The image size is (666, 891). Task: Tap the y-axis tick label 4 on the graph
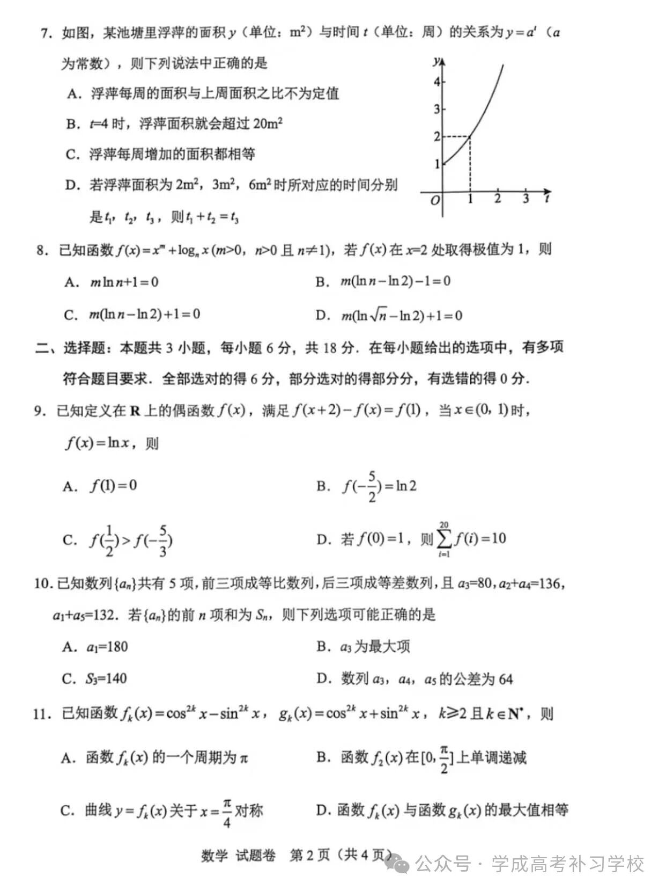point(436,82)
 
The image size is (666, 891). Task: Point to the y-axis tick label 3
point(436,109)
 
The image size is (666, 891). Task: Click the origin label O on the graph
point(435,200)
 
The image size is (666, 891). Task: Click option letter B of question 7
point(72,125)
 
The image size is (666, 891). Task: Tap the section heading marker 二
point(42,348)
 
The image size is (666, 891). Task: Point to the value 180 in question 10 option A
point(116,647)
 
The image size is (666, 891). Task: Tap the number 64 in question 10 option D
point(505,680)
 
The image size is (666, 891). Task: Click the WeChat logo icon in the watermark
point(398,865)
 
